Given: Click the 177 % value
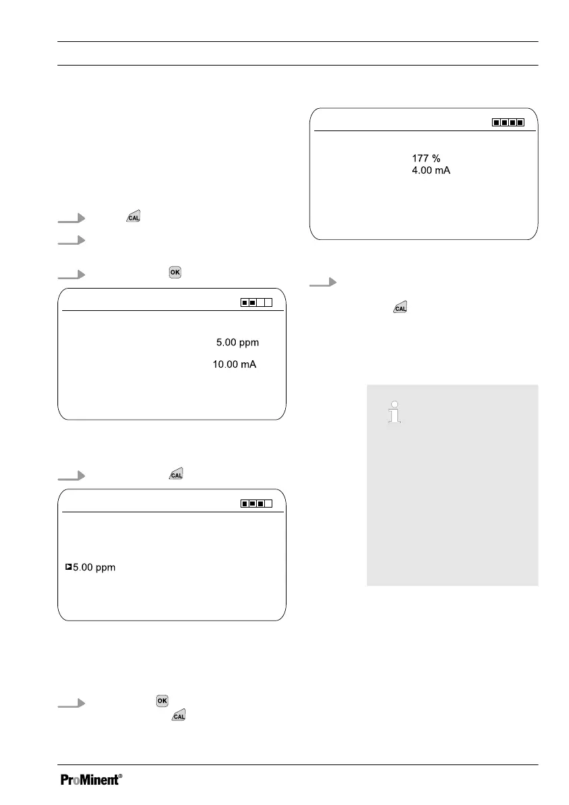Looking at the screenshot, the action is (426, 158).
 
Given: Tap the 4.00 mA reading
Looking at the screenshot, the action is (430, 171).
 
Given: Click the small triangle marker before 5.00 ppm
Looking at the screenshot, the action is (68, 568).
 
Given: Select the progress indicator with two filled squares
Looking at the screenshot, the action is (255, 303).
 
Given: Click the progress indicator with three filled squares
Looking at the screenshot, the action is (255, 504).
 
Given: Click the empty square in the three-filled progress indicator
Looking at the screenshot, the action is (268, 504).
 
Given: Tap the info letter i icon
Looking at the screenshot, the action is (393, 412).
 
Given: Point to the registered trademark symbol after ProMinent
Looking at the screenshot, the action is (120, 777).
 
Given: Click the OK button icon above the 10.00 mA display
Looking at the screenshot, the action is (175, 272).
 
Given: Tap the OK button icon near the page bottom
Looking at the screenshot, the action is (162, 701).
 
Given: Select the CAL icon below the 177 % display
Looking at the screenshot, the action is (400, 308).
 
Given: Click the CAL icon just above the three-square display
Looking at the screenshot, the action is (175, 476).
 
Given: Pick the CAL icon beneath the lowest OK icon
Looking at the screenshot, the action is (178, 715).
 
